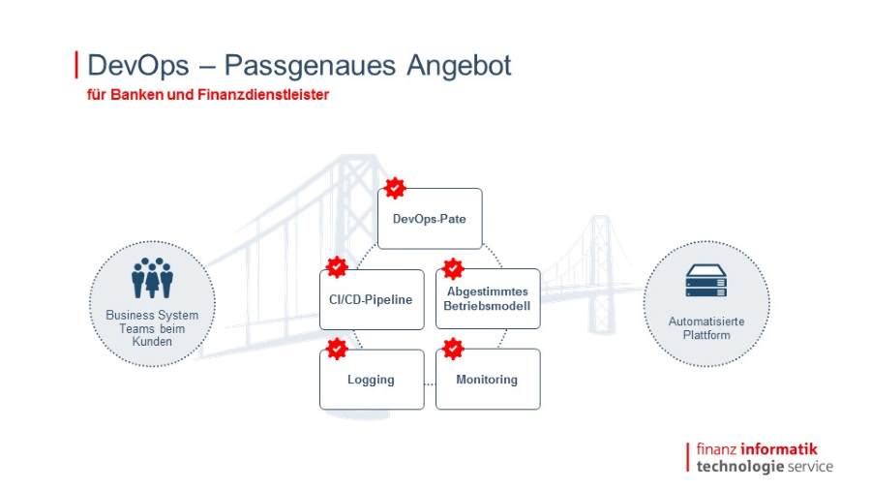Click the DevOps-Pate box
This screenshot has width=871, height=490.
pyautogui.click(x=430, y=218)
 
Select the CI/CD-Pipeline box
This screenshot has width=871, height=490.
pyautogui.click(x=372, y=299)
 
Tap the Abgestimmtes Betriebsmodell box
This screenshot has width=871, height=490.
pyautogui.click(x=488, y=299)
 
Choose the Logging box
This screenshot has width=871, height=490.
pyautogui.click(x=372, y=380)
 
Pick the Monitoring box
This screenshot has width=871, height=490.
pyautogui.click(x=488, y=379)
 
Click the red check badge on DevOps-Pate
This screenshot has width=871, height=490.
pyautogui.click(x=395, y=188)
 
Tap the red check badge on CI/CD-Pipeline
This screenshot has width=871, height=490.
pyautogui.click(x=337, y=267)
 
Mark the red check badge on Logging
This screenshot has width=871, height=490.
pyautogui.click(x=337, y=349)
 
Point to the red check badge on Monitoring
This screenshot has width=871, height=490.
pyautogui.click(x=453, y=349)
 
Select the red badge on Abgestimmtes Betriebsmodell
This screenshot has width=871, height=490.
pyautogui.click(x=453, y=269)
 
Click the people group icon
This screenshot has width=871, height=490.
pyautogui.click(x=152, y=278)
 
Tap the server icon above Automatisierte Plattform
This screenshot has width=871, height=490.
pyautogui.click(x=706, y=281)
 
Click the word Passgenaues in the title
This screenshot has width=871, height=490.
pyautogui.click(x=310, y=66)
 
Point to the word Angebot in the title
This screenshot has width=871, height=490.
pyautogui.click(x=459, y=66)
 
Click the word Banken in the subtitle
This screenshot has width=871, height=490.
pyautogui.click(x=136, y=95)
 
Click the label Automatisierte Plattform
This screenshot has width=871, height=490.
pyautogui.click(x=706, y=327)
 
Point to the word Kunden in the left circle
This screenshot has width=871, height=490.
pyautogui.click(x=152, y=342)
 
